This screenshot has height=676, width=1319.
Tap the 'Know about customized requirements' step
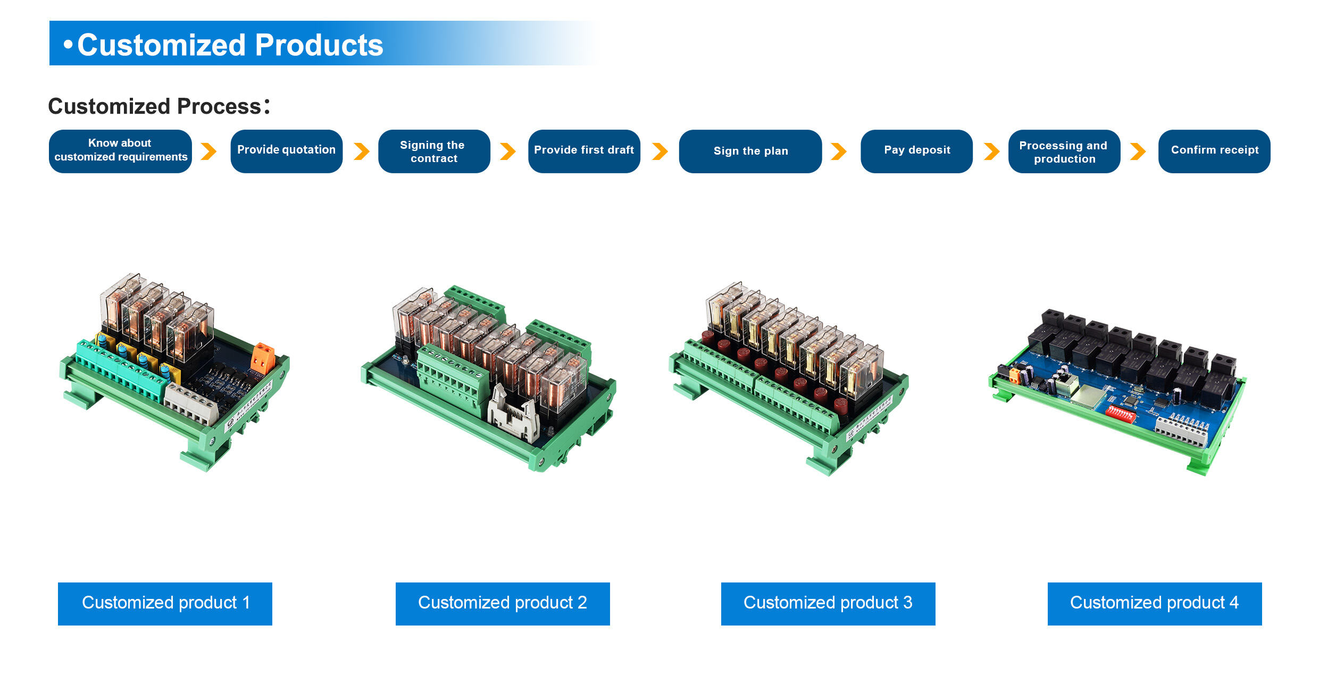[x=120, y=151]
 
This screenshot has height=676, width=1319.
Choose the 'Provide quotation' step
[x=286, y=151]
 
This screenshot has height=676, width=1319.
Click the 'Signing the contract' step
[x=433, y=151]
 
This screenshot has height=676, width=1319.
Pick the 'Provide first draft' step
[x=583, y=151]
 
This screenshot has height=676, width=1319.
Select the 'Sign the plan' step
[x=750, y=151]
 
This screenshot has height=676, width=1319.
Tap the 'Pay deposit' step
[x=916, y=151]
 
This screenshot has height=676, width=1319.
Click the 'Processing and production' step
[x=1064, y=151]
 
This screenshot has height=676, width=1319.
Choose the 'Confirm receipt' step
[x=1214, y=151]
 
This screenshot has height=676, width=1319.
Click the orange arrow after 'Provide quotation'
[x=362, y=151]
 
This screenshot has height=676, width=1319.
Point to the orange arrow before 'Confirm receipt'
[x=1138, y=151]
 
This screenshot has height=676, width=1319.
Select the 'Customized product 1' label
[x=165, y=603]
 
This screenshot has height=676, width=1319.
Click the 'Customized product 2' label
[x=503, y=603]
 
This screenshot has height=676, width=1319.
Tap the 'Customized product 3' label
[x=828, y=603]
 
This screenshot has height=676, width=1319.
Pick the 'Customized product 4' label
[x=1154, y=603]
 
